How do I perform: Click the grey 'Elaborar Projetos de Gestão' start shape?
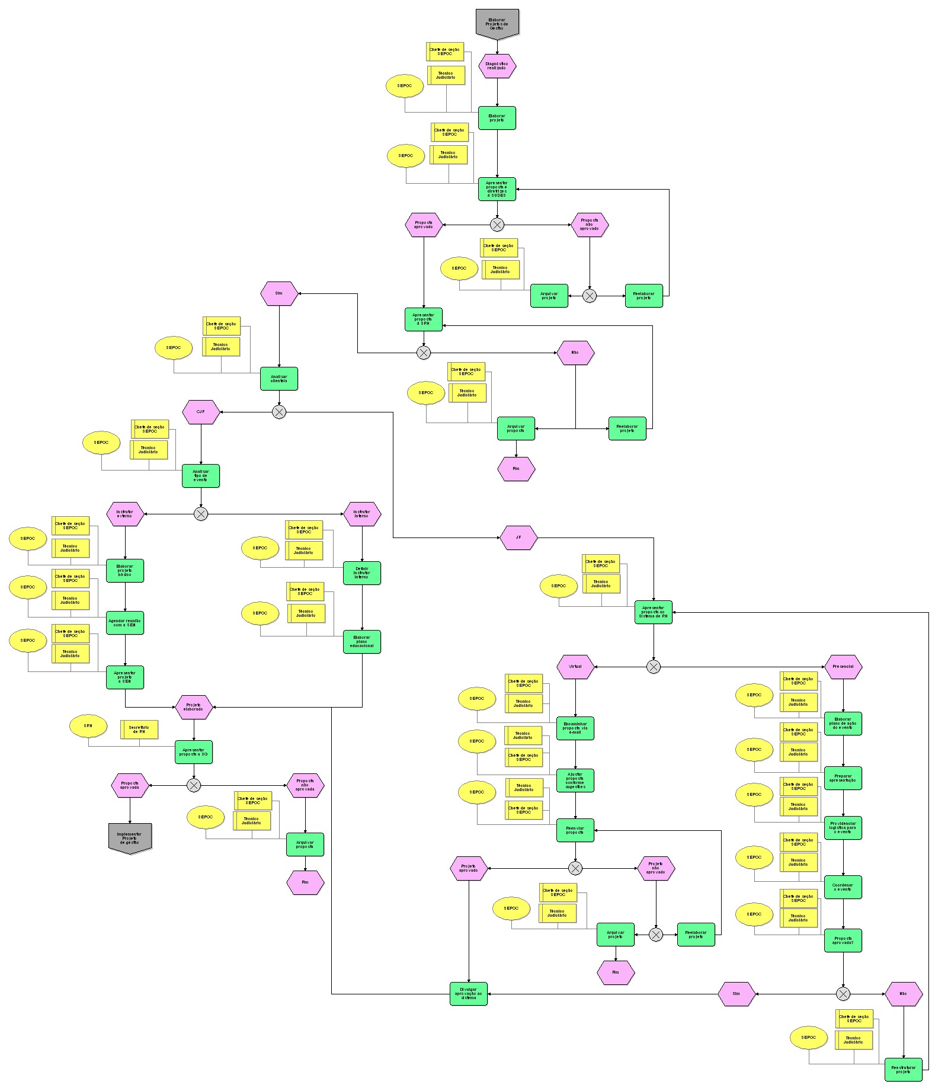pos(497,23)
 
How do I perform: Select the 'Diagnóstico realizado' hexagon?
pos(497,66)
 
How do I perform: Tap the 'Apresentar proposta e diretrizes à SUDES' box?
pos(497,189)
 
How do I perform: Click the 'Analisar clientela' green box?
pos(279,379)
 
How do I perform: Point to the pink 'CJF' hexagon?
pos(201,412)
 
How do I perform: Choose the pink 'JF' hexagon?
pos(518,537)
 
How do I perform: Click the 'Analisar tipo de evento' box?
pos(201,476)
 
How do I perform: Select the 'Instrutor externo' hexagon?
pos(125,514)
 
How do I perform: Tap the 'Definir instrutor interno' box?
pos(362,573)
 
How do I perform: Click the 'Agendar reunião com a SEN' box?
pos(125,623)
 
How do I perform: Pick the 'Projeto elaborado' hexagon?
pos(194,707)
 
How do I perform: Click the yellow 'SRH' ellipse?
pos(88,726)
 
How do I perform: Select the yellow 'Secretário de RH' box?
pos(140,730)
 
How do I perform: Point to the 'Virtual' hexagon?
pos(575,667)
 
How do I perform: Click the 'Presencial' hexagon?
pos(843,667)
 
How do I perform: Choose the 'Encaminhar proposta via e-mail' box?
pos(575,728)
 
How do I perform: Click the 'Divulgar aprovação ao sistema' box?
pos(469,994)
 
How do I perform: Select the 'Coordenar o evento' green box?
pos(843,887)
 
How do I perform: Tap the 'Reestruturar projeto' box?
pos(904,1070)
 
